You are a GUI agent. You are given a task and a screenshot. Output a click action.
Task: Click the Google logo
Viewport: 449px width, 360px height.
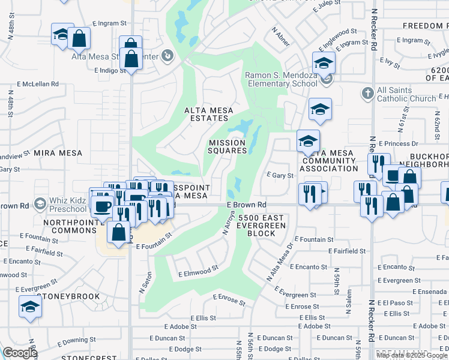tap(20, 353)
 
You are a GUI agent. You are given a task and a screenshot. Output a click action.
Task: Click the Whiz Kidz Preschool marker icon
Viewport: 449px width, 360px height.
tap(40, 204)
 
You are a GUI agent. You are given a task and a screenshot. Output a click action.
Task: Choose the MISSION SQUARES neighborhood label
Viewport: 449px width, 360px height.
tap(228, 146)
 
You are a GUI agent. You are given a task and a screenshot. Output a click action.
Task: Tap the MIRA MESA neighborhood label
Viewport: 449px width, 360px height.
tap(58, 152)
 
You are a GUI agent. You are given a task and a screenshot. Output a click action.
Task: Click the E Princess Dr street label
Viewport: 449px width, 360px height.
tap(398, 143)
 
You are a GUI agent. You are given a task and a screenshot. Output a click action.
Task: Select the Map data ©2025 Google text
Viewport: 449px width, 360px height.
tap(412, 355)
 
